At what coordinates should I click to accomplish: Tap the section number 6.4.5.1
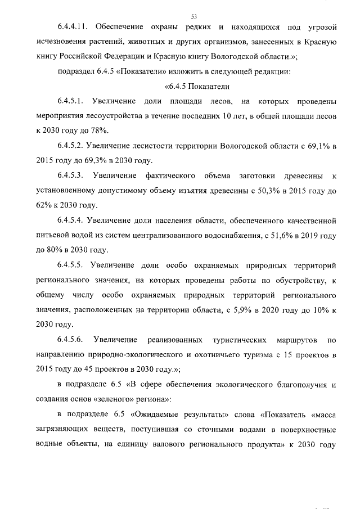tap(70, 101)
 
